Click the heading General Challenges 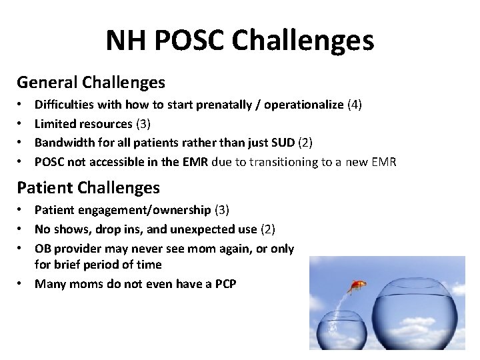coord(91,82)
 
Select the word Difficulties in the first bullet coord(64,105)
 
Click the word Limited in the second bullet coord(54,123)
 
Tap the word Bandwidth coord(62,142)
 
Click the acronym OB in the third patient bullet coord(43,248)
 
